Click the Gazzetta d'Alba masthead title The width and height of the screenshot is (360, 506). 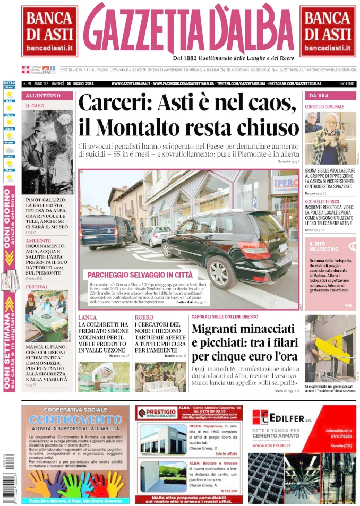tap(188, 29)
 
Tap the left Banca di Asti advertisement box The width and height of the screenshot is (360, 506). tap(49, 31)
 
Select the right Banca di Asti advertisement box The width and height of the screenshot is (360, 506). tap(328, 31)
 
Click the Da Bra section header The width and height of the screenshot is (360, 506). tap(319, 96)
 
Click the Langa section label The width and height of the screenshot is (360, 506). tap(87, 318)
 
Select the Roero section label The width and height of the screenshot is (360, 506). tap(143, 318)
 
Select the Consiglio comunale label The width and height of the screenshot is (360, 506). tap(324, 107)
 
